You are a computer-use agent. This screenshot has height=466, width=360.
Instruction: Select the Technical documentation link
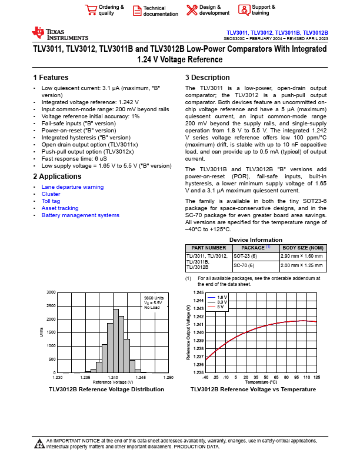(160, 11)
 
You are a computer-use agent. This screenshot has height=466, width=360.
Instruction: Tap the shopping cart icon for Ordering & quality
(91, 10)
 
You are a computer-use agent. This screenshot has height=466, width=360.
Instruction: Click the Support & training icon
(244, 9)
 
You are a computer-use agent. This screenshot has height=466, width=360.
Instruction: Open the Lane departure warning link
(72, 187)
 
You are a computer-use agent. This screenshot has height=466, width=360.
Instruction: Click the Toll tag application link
(51, 201)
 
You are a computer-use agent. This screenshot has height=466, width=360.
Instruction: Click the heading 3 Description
(208, 78)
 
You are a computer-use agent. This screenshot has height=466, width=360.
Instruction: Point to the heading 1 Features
(51, 78)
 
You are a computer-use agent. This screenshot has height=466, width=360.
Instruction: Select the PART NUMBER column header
(208, 248)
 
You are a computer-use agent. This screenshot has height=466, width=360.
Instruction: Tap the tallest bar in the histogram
(116, 341)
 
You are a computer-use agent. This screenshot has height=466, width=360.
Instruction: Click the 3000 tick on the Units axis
(51, 292)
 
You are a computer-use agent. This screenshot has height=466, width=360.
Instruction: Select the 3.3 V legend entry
(222, 302)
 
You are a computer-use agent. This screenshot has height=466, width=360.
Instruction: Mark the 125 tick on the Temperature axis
(317, 377)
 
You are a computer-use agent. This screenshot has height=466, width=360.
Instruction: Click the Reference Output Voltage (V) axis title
(188, 333)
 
